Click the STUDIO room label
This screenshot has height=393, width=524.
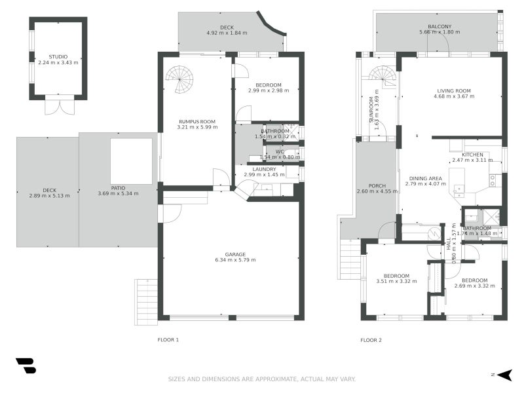(58, 57)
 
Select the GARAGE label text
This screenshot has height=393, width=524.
(236, 254)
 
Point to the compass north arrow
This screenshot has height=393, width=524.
(503, 375)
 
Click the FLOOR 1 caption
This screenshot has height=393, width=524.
(168, 340)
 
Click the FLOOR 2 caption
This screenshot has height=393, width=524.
(371, 340)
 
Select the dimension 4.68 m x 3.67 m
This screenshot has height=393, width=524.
(453, 96)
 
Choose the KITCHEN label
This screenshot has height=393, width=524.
(466, 155)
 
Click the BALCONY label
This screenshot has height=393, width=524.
(440, 26)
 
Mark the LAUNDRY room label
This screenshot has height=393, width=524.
(265, 169)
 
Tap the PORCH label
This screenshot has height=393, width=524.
(377, 185)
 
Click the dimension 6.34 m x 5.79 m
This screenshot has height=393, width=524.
(236, 260)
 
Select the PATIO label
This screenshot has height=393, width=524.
(118, 188)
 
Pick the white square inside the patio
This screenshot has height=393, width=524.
(131, 161)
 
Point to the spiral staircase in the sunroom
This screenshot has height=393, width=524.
(383, 77)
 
